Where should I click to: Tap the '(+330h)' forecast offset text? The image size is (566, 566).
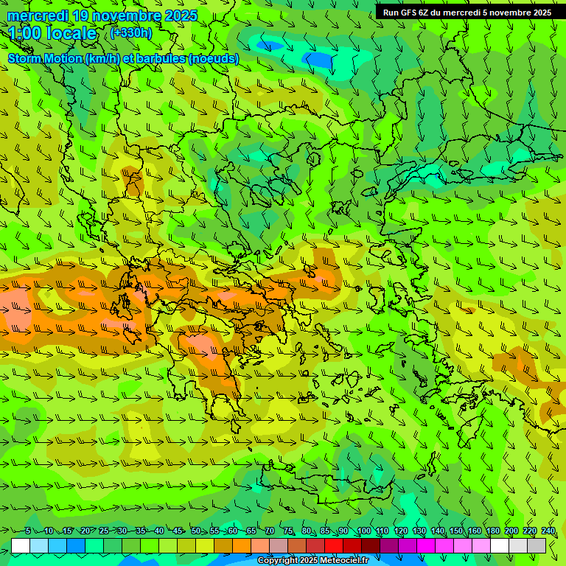tap(131, 32)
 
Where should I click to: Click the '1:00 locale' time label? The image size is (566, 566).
tap(52, 33)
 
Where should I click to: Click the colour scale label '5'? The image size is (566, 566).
tap(28, 531)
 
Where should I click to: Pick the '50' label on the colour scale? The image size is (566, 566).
tap(195, 531)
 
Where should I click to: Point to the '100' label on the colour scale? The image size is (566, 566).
tap(363, 531)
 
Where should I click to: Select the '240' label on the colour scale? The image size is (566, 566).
tap(548, 531)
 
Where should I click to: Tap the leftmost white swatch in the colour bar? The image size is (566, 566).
tap(21, 545)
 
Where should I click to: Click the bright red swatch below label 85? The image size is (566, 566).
tap(334, 545)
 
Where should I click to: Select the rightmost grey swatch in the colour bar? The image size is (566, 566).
tap(537, 545)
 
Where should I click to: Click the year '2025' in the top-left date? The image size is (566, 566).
tap(181, 15)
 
